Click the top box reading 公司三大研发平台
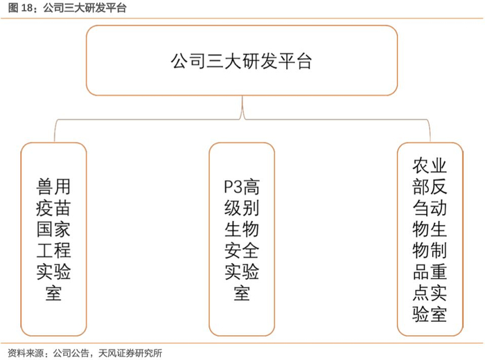(x=242, y=61)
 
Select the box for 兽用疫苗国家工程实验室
(x=53, y=240)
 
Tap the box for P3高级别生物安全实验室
(x=242, y=240)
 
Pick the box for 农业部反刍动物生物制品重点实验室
(x=430, y=240)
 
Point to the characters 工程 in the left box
(x=53, y=251)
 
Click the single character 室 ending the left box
(x=53, y=294)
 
